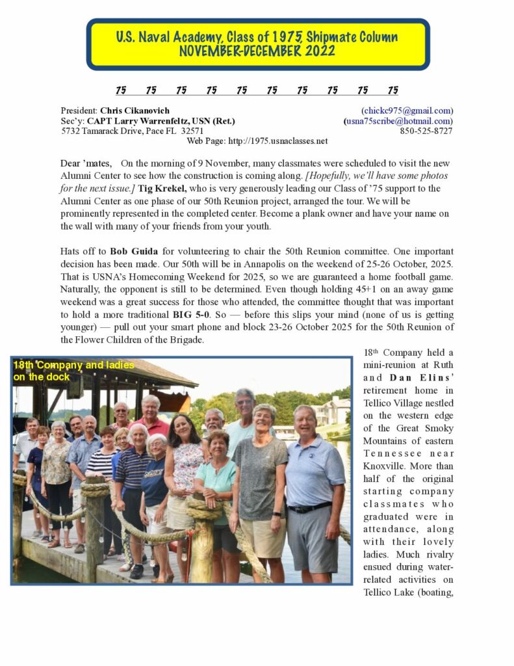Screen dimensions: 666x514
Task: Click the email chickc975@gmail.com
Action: [407, 111]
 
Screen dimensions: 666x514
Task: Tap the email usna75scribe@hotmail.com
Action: [399, 121]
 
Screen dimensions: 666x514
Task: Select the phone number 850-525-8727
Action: [426, 131]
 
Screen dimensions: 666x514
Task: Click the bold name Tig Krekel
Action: [162, 189]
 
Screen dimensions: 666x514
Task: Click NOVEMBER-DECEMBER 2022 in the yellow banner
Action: [257, 51]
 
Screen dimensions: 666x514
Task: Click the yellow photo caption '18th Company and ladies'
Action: [73, 366]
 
